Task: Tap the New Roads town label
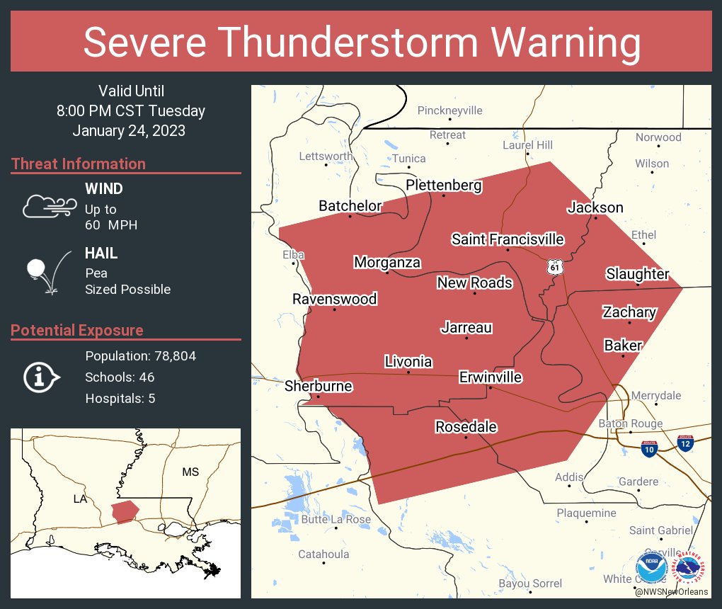click(474, 283)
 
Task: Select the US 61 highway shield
click(554, 267)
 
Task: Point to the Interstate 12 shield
click(684, 445)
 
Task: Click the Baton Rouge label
click(631, 423)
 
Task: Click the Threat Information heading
click(78, 164)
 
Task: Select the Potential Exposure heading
click(76, 330)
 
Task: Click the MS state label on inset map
click(190, 472)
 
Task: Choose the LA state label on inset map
click(80, 499)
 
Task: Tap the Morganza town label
click(387, 263)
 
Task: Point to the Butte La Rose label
click(336, 519)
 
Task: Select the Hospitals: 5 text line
click(120, 398)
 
